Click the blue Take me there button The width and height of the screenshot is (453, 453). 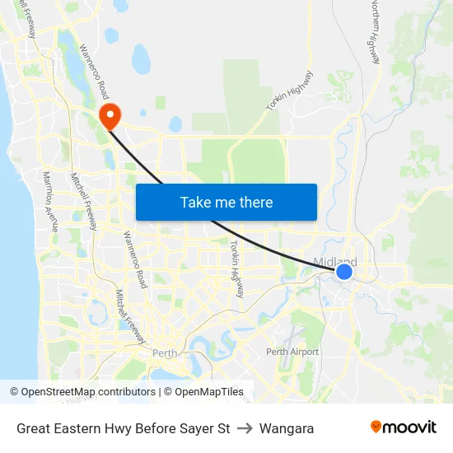pos(226,202)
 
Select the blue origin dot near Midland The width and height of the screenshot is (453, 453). pos(344,271)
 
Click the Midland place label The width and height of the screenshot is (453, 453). pos(334,262)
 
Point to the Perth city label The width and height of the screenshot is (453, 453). pos(165,354)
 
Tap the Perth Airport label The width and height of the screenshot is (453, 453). pos(292,352)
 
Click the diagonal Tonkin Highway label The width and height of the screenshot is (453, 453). pos(290,91)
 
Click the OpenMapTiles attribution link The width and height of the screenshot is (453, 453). pos(209,392)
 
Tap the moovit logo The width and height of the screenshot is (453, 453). pos(404,427)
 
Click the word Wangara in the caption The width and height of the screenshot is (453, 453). pos(287,428)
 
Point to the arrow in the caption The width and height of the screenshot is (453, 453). pos(245,428)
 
